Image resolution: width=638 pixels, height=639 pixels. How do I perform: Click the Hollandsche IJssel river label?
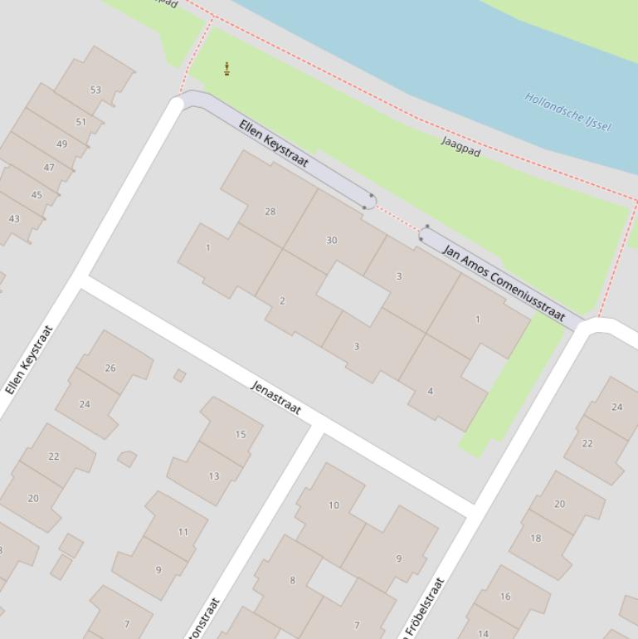(x=568, y=111)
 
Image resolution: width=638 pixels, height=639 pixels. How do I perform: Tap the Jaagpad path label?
(x=460, y=147)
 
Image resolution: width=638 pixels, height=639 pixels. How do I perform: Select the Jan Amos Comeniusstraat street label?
(x=504, y=282)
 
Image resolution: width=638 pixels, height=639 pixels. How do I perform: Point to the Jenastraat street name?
(x=275, y=398)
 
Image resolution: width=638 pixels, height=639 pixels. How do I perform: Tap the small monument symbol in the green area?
(x=226, y=69)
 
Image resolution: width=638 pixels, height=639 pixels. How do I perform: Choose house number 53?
(x=95, y=90)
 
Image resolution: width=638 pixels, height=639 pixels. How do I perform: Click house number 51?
(x=80, y=122)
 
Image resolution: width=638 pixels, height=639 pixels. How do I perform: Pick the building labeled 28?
(x=270, y=212)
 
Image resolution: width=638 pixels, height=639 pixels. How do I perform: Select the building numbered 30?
(x=332, y=240)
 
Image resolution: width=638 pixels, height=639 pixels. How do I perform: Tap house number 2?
(x=282, y=300)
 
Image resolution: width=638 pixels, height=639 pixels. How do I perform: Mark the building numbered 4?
(x=430, y=391)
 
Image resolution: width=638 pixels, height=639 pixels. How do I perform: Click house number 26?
(x=110, y=368)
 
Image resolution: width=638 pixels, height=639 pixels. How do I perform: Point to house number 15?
(x=241, y=434)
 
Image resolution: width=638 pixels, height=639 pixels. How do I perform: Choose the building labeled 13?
(x=213, y=476)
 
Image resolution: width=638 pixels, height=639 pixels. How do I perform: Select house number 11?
(x=183, y=532)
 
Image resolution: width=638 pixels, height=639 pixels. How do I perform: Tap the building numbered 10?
(x=334, y=505)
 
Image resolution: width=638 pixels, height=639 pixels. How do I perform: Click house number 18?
(x=535, y=538)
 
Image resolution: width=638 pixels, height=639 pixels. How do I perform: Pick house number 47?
(x=49, y=168)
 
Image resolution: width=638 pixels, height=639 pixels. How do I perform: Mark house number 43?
(x=14, y=219)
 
